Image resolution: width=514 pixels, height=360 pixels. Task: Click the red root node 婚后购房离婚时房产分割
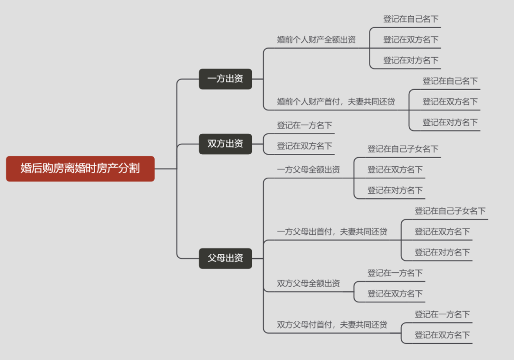pos(80,169)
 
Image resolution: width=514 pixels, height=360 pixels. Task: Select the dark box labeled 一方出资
pos(225,79)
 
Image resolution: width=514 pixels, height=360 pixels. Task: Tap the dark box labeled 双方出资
pos(225,144)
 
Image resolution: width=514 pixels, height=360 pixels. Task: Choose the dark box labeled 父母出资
pos(225,259)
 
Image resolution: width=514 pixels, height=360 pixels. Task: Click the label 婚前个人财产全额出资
pos(316,40)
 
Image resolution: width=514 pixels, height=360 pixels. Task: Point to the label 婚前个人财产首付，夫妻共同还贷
pos(336,101)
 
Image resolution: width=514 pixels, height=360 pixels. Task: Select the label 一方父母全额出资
pos(308,170)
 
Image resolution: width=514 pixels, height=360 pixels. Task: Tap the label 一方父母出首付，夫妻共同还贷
pos(332,231)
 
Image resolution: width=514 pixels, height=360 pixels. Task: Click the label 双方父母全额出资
pos(308,283)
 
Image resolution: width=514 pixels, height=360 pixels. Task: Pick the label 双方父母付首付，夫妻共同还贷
pos(332,325)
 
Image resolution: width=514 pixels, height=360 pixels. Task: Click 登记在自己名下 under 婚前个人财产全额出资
pos(411,19)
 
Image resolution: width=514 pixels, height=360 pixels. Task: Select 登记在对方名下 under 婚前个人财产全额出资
pos(411,60)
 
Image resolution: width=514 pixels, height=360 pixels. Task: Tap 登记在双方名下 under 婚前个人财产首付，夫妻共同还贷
pos(450,101)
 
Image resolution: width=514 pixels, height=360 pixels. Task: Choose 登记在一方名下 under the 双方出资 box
pos(305,125)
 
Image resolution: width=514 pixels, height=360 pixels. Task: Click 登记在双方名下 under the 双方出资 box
pos(305,146)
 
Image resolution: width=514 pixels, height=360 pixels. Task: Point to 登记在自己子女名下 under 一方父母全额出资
pos(403,149)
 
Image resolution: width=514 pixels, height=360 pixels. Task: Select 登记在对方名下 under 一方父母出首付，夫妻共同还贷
pos(442,252)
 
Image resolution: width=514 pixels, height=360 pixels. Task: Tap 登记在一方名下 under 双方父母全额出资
pos(395,273)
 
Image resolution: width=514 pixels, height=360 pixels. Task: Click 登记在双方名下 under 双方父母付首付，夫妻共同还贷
pos(442,335)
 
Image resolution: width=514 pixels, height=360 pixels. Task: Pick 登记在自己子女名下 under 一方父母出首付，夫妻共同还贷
pos(450,211)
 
